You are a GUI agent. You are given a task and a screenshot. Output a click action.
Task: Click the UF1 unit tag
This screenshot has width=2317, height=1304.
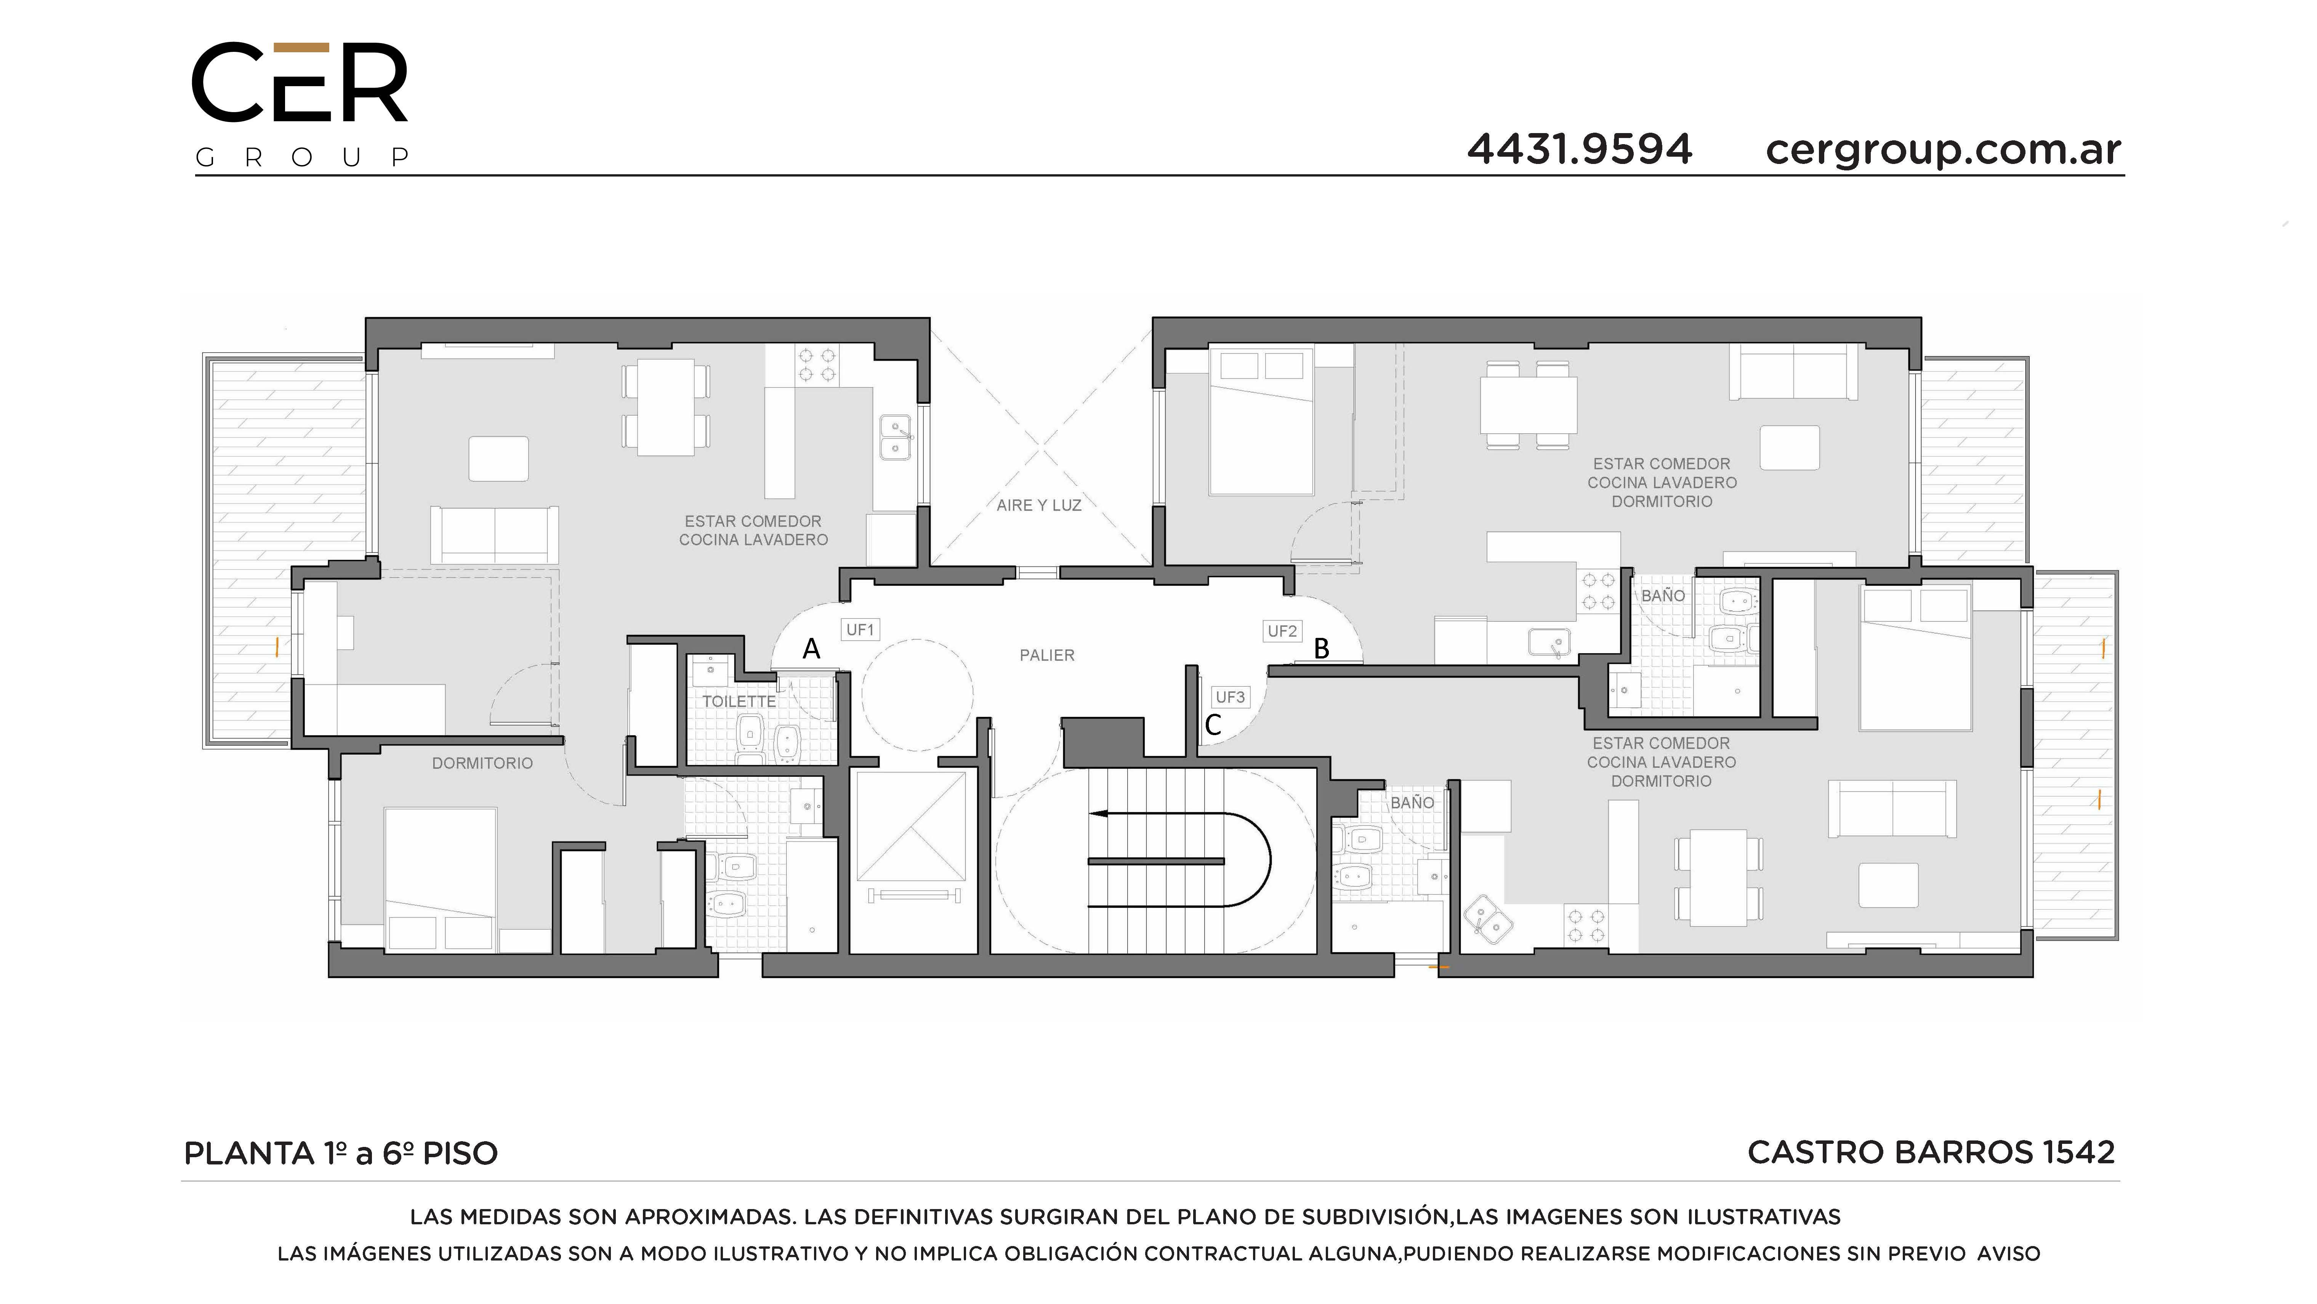point(860,630)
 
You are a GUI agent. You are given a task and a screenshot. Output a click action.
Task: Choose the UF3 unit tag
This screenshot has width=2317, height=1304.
point(1229,697)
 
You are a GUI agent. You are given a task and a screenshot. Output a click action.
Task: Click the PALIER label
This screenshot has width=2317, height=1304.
point(1047,655)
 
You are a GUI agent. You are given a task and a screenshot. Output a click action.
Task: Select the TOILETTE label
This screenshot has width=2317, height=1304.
point(739,701)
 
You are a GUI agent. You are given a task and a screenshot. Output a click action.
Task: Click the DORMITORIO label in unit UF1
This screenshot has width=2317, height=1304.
point(482,763)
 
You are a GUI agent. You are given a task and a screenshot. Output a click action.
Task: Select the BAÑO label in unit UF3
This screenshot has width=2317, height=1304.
point(1412,803)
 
